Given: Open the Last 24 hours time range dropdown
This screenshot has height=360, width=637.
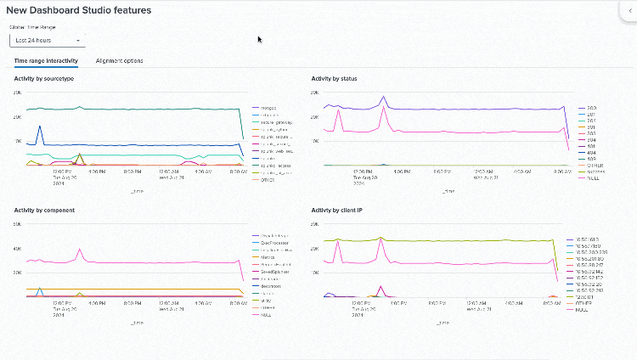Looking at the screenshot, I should coord(47,40).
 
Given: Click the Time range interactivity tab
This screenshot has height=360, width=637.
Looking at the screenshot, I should coord(46,61).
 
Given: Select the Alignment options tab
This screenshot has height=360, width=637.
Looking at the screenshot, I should coord(119,61).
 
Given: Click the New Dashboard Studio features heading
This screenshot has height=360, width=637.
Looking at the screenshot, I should coord(78,10).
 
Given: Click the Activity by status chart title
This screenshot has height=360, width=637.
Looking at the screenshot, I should coord(335,79).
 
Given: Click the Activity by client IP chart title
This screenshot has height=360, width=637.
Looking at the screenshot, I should coord(338,210).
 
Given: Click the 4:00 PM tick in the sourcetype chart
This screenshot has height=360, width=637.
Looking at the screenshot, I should coord(96,171).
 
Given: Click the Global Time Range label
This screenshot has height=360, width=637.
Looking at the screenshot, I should coord(32,27).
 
